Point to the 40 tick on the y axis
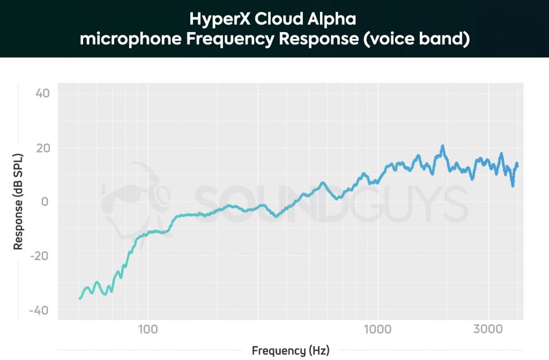click(42, 94)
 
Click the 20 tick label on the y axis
click(42, 148)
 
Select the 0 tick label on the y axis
click(46, 202)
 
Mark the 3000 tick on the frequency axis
click(488, 328)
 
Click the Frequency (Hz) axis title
click(291, 351)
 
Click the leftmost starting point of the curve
click(79, 298)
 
